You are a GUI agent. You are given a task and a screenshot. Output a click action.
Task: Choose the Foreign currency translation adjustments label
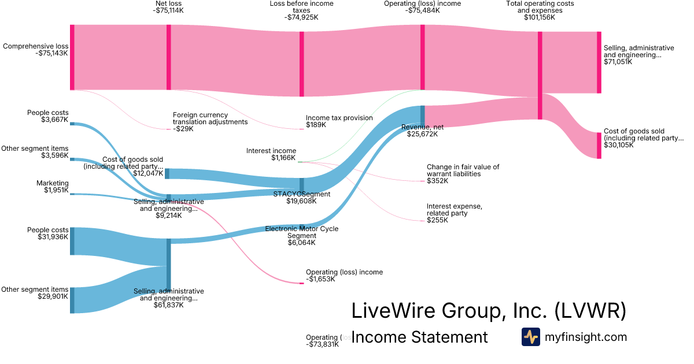pos(210,122)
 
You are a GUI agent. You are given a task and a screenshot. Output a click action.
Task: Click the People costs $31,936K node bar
pos(72,241)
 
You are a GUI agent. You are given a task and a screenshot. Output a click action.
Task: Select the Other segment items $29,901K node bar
pos(72,300)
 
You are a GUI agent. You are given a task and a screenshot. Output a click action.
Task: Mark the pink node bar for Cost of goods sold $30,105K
pos(599,146)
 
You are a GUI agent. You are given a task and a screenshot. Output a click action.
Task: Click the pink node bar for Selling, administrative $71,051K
pos(599,62)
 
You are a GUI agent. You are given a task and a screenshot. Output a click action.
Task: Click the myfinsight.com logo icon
pos(530,337)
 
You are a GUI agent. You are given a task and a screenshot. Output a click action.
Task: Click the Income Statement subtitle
pos(419,337)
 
